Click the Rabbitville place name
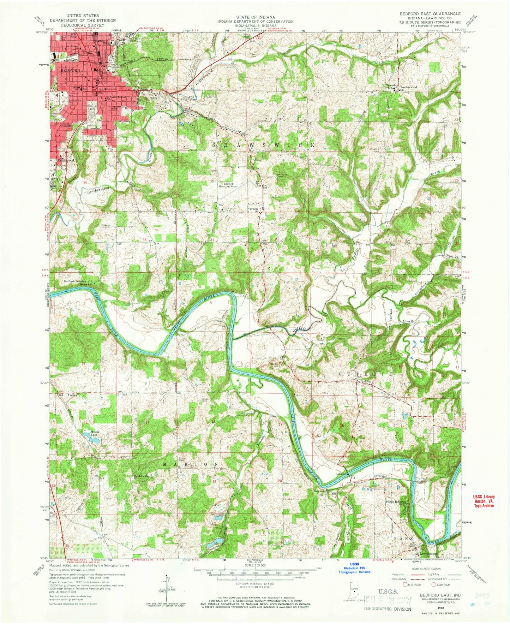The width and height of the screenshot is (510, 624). (x=141, y=476)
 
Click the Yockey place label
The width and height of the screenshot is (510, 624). (x=72, y=394)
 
